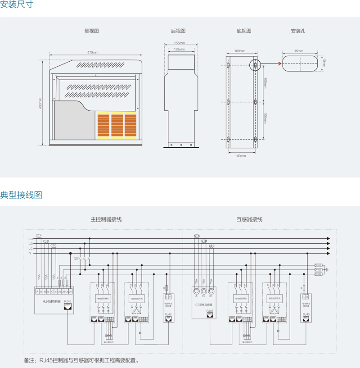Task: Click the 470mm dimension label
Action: pos(93,53)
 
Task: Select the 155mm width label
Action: pos(179,43)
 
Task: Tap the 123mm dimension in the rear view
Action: pos(179,49)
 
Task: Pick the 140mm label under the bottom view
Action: pos(240,155)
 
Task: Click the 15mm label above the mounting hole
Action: pos(299,51)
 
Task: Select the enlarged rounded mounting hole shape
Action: pos(299,63)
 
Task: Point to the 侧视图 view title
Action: pos(91,31)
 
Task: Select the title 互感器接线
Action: pos(249,219)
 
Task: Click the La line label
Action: pos(30,238)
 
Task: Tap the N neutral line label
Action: pos(30,254)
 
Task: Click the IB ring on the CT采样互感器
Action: pos(203,291)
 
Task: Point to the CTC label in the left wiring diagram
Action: pos(54,245)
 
